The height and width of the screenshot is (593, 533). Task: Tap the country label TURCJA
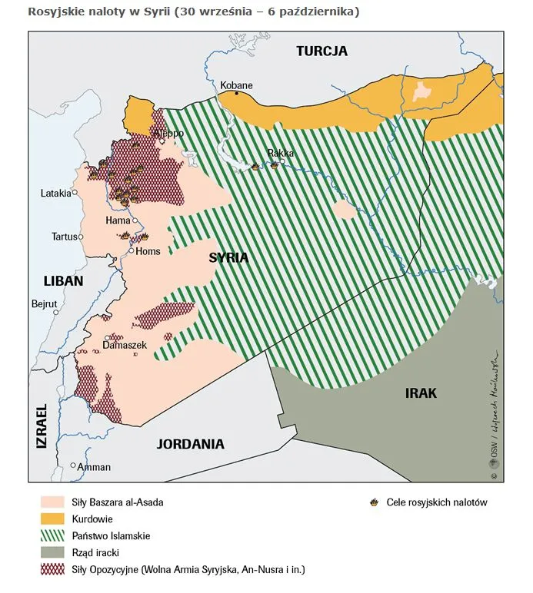[x=322, y=51]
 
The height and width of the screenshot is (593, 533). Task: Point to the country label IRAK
[x=421, y=393]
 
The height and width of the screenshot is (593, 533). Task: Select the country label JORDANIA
[x=190, y=444]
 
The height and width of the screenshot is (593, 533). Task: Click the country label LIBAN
[x=63, y=281]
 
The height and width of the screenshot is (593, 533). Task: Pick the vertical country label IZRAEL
[x=41, y=427]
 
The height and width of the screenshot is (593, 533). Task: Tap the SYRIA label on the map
[x=228, y=258]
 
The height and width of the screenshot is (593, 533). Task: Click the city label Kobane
[x=236, y=85]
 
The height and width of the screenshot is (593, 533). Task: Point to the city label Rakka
[x=281, y=154]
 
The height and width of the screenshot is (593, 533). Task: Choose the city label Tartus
[x=65, y=237]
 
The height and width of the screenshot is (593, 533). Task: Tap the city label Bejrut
[x=45, y=304]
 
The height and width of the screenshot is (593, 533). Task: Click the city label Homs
[x=148, y=250]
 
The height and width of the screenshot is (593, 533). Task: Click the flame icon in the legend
[x=374, y=502]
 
